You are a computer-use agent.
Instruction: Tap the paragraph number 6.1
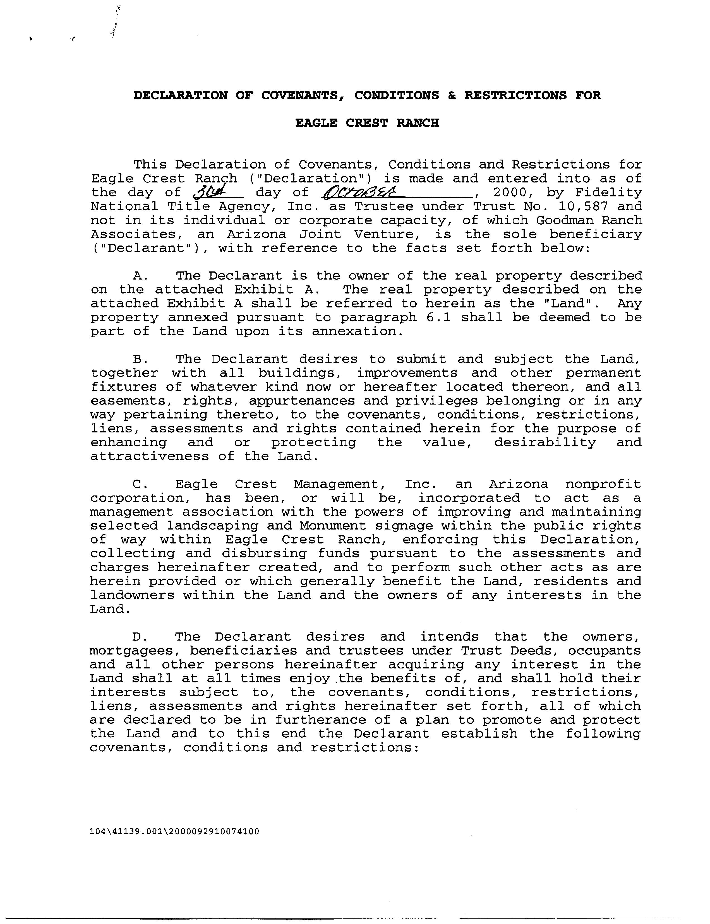click(438, 317)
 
